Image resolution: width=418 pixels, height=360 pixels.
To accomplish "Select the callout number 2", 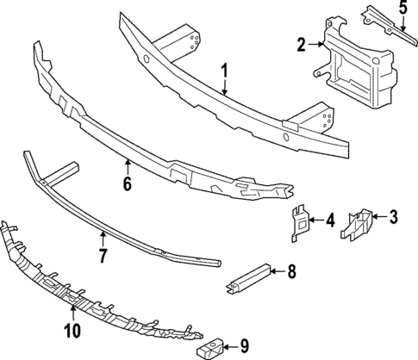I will [302, 45].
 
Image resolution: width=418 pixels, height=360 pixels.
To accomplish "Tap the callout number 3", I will [393, 215].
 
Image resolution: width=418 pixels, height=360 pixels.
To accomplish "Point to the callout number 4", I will [330, 220].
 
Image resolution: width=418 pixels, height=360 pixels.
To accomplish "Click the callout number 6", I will [127, 183].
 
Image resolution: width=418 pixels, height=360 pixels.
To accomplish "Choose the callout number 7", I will [103, 255].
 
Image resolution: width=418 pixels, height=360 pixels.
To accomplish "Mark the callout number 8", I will [291, 272].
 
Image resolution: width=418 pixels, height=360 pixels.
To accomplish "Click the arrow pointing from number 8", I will [276, 272].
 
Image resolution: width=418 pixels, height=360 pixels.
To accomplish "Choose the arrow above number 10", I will [72, 313].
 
